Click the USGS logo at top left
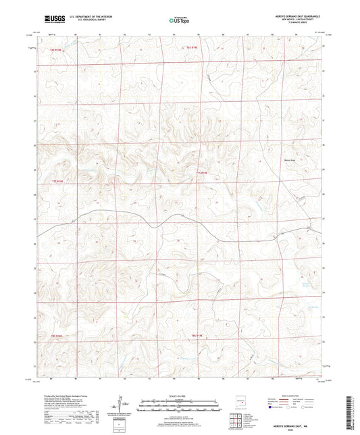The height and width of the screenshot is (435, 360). tap(55, 20)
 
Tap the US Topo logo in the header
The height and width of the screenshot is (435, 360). tap(178, 21)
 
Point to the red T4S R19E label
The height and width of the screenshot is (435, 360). tap(194, 48)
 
